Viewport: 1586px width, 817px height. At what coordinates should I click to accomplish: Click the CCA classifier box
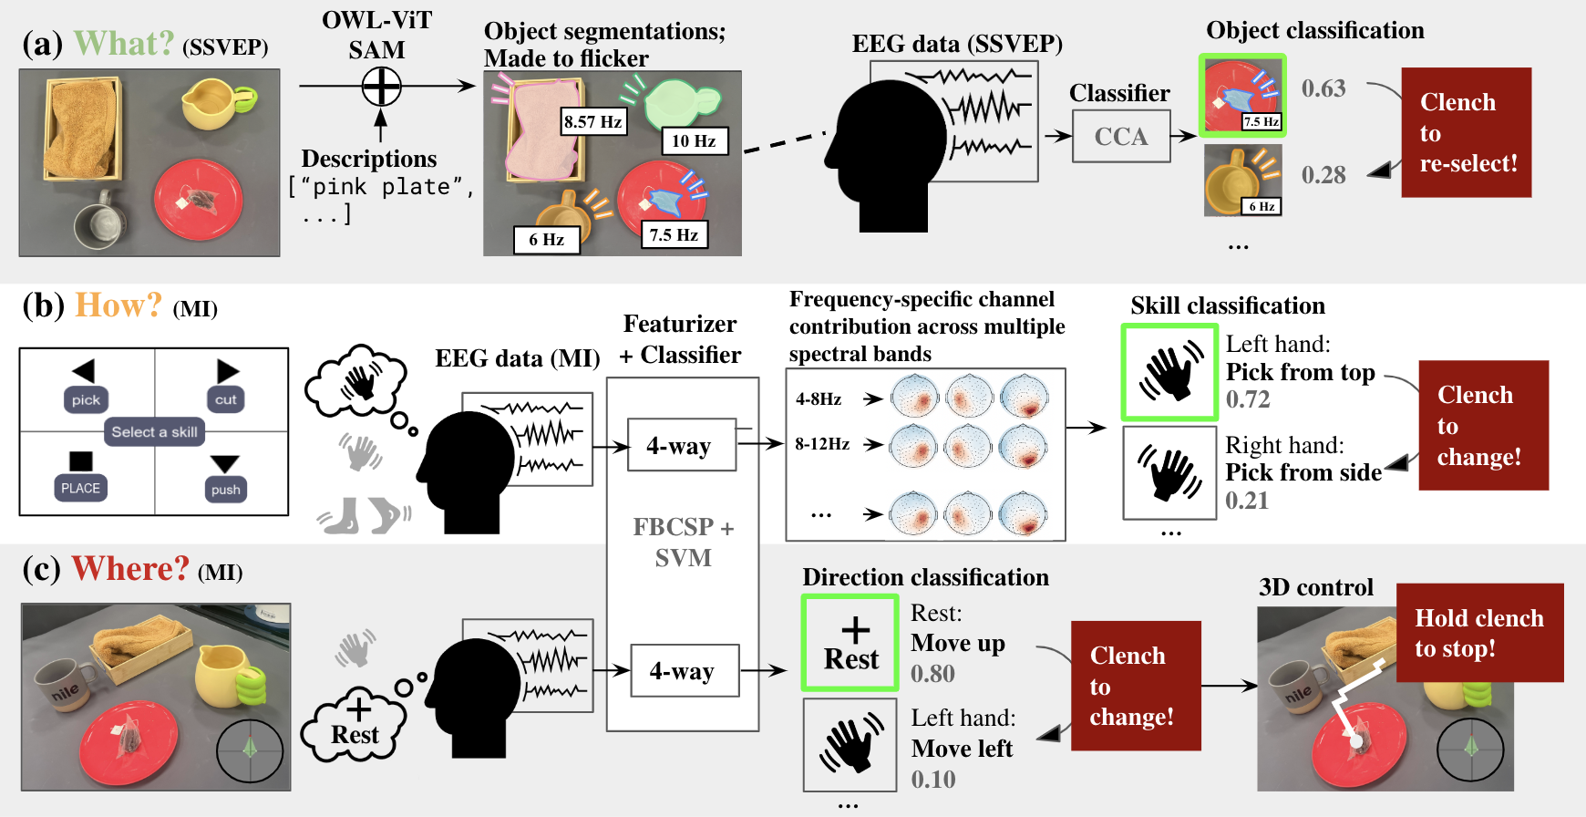[1120, 137]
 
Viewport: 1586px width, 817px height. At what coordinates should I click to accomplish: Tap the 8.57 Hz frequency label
[592, 121]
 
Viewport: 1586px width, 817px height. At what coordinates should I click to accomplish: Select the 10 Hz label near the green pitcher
[694, 140]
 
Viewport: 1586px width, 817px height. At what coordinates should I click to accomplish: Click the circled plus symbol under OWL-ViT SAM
[381, 88]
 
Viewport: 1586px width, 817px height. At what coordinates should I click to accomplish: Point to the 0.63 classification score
[1323, 88]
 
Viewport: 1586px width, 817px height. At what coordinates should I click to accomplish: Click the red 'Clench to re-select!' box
[1466, 132]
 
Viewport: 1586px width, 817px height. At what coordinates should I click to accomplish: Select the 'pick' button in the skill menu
[86, 399]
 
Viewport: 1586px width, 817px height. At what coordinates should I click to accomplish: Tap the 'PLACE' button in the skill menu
[80, 488]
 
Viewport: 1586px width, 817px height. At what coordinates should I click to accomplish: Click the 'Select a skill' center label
[154, 431]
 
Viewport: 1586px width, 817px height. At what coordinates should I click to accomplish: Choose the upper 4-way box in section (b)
[681, 445]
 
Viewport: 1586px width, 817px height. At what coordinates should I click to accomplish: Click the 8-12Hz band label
[821, 444]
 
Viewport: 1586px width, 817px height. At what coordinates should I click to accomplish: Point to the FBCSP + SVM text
[683, 542]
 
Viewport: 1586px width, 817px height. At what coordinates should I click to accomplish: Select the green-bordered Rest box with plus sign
[850, 643]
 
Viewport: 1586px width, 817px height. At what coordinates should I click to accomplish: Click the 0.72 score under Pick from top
[1247, 399]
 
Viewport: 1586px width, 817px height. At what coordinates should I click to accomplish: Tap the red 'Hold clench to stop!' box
[1478, 633]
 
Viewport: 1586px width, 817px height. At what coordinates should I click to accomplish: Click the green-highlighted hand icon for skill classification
[1169, 372]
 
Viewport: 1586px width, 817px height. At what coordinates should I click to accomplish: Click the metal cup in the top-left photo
[98, 220]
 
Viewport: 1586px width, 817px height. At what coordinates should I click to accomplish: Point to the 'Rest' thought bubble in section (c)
[355, 725]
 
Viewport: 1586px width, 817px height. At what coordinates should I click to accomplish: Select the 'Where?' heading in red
[130, 569]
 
